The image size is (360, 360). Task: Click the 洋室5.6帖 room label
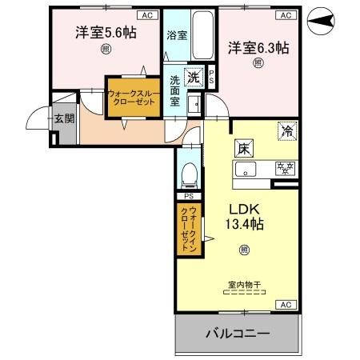[x=106, y=34]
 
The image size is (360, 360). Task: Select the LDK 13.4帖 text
[x=244, y=215]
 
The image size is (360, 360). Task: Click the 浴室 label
[x=177, y=36]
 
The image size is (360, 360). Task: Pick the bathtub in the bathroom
[x=203, y=36]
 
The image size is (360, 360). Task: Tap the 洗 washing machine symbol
[x=192, y=78]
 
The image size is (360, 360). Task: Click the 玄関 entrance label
[x=63, y=119]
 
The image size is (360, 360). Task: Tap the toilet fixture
[x=189, y=174]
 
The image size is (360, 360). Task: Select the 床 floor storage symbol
[x=242, y=147]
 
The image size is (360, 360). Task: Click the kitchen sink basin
[x=245, y=168]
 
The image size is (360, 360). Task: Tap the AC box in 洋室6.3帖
[x=283, y=15]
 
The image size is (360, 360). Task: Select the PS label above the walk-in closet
[x=189, y=196]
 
